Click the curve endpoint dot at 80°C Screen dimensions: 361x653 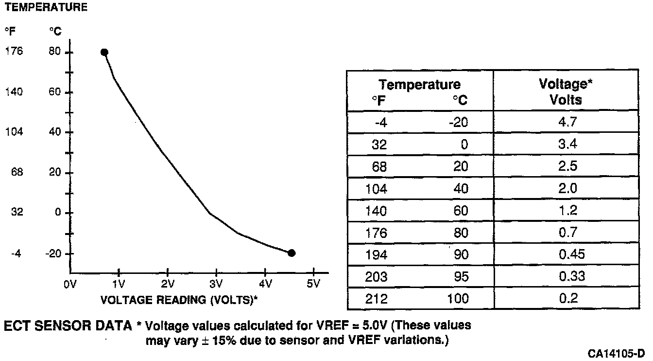[104, 53]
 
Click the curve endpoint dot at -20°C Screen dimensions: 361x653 [292, 253]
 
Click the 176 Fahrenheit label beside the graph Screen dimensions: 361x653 [14, 52]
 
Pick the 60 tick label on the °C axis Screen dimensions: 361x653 [54, 92]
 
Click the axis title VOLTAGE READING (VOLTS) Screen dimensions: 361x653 [178, 300]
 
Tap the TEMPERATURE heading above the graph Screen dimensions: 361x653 [46, 7]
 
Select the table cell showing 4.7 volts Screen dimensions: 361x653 [566, 122]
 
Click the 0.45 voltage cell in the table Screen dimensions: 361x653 [566, 254]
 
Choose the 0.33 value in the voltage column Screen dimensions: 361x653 [566, 276]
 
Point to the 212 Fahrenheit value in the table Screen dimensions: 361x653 [376, 298]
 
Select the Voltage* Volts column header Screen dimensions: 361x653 [566, 91]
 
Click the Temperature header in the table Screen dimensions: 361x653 [419, 85]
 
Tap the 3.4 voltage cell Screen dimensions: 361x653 [566, 144]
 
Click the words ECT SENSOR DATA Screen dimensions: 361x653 [68, 326]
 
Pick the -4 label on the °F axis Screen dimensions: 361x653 [16, 253]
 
